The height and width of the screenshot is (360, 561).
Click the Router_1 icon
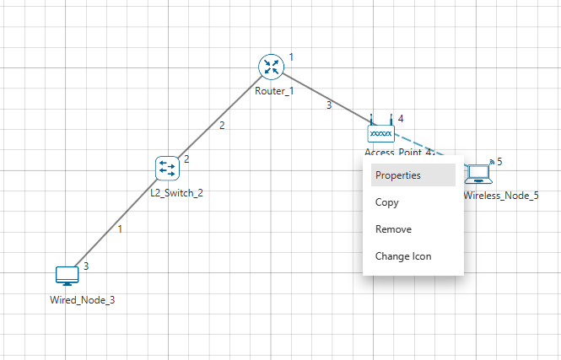click(272, 67)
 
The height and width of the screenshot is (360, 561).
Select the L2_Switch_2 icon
click(167, 169)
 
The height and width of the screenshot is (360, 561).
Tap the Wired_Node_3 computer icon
click(67, 276)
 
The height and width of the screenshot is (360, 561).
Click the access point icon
click(380, 132)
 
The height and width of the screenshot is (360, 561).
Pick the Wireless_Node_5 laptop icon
click(480, 172)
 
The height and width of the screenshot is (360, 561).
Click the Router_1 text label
click(273, 91)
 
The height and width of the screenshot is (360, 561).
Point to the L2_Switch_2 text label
click(177, 192)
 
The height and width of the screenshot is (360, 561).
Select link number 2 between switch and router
click(222, 126)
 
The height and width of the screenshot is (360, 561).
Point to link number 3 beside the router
click(328, 105)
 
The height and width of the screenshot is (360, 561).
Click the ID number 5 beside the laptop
click(499, 161)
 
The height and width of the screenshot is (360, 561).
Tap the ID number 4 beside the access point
click(401, 119)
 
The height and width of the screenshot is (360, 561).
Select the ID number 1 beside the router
click(291, 56)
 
